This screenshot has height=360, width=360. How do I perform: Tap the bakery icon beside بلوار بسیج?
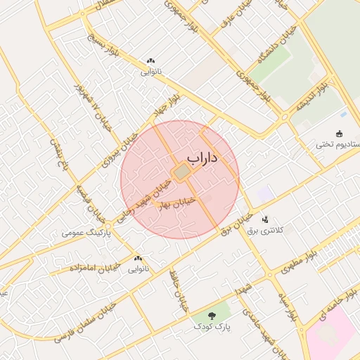coord(150,61)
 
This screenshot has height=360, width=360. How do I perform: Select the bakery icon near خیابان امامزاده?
coord(138,259)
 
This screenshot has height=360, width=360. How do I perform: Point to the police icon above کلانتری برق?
coord(265,219)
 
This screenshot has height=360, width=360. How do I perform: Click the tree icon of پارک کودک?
coord(213,314)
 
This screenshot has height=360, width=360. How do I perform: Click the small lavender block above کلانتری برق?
coord(264,193)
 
